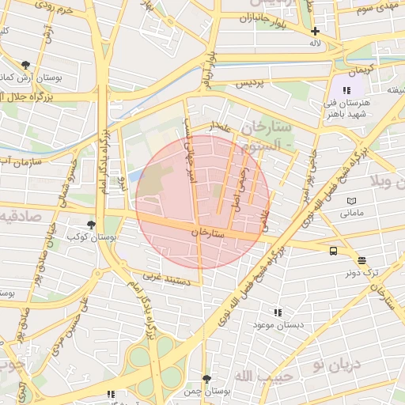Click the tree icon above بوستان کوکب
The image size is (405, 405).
pos(92,225)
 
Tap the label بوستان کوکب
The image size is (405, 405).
pos(88,237)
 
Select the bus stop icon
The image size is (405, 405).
pos(333,251)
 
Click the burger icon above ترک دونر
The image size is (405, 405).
pos(361,259)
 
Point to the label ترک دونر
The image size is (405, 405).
pos(361,271)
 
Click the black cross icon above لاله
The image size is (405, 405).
pos(315,31)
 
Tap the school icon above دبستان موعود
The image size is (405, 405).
pos(277,313)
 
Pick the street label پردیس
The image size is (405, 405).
pos(248,83)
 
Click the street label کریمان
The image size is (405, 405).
pos(354,71)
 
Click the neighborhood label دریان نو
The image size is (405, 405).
pos(336,364)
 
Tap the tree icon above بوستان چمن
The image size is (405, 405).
pos(206,379)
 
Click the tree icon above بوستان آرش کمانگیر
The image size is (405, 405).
pos(26,65)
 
